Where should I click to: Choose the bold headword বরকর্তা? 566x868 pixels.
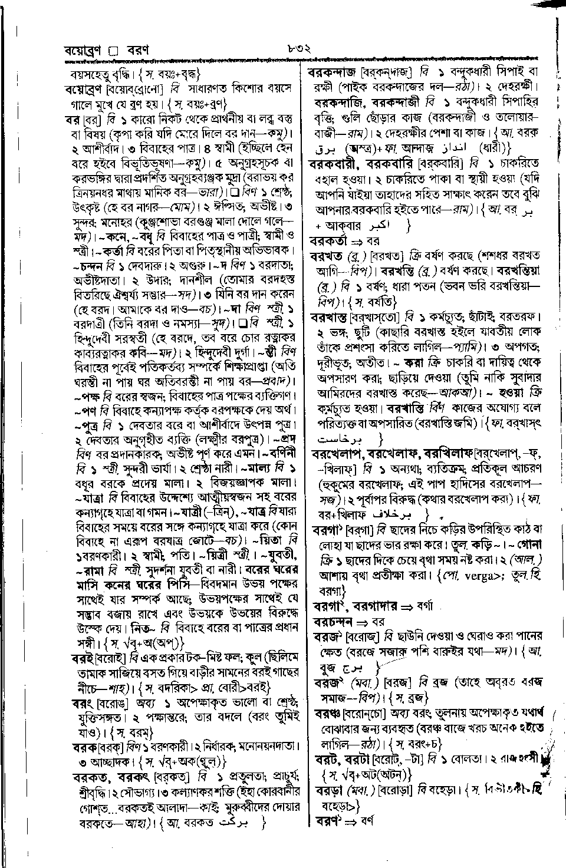pos(330,240)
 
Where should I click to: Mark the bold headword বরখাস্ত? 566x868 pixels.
pos(328,317)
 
